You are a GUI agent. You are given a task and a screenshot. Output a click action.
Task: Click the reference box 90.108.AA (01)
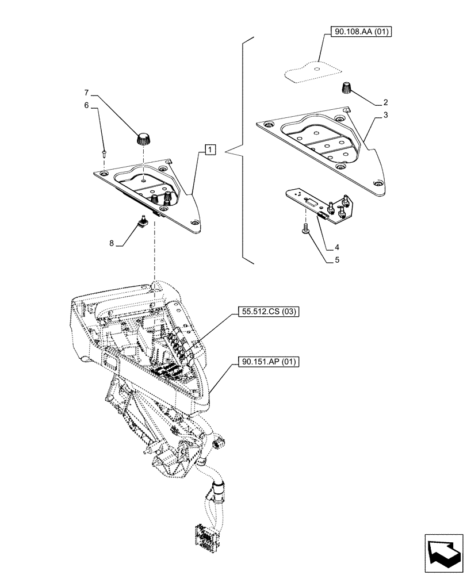tap(361, 33)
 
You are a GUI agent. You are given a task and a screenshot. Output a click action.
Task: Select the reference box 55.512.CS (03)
tap(267, 312)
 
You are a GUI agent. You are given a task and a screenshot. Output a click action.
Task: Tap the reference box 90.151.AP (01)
tap(267, 362)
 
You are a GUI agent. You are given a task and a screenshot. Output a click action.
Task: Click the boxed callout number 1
tap(210, 150)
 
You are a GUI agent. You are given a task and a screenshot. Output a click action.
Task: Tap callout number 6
tap(87, 105)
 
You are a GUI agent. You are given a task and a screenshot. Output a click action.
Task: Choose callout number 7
tap(87, 93)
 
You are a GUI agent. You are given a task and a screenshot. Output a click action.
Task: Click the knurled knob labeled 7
tap(143, 139)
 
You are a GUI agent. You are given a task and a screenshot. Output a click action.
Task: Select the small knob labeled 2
tap(348, 89)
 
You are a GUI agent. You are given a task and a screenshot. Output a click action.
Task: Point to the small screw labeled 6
tap(104, 152)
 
